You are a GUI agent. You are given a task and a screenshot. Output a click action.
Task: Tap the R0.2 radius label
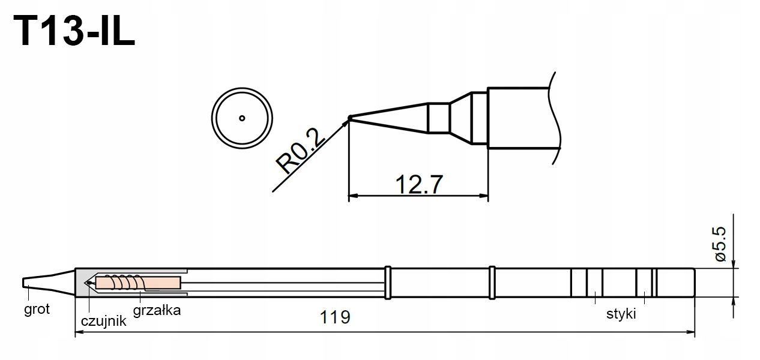coord(300,151)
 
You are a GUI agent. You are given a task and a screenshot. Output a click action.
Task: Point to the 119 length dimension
coord(336,317)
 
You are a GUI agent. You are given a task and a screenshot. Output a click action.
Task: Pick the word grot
coord(37,310)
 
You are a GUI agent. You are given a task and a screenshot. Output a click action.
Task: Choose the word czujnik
coord(103,321)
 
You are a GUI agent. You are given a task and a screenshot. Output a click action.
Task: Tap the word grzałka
coord(156,311)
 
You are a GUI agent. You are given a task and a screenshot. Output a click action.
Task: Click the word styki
coord(621,314)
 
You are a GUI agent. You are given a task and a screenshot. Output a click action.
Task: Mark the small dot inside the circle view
coord(241,118)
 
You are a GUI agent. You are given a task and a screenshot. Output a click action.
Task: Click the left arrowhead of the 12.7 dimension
coord(353,196)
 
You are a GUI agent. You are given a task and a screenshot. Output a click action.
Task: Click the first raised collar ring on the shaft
coord(388,282)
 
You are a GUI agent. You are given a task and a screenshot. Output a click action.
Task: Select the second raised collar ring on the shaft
coord(493,282)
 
